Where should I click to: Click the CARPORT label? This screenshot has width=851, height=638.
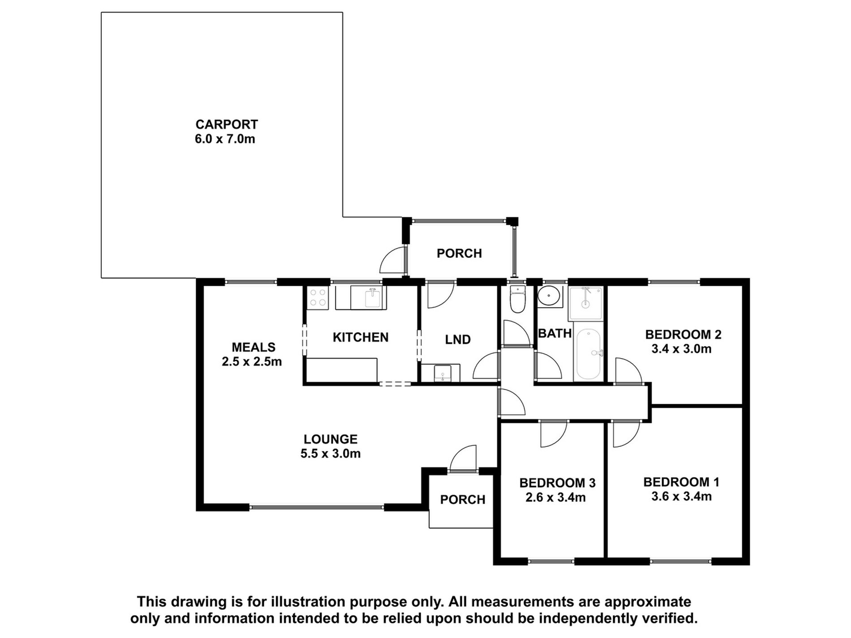[227, 124]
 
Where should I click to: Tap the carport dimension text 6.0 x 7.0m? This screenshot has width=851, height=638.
[225, 139]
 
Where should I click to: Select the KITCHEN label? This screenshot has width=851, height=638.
[361, 337]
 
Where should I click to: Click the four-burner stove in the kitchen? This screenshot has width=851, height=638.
[318, 297]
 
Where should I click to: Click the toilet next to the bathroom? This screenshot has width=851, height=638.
[517, 299]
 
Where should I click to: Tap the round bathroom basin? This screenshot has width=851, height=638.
[550, 296]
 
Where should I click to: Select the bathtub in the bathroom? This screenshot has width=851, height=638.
[589, 354]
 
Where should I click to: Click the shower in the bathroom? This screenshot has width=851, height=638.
[585, 304]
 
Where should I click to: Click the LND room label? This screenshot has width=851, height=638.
[458, 339]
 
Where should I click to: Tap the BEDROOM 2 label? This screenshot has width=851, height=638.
[683, 334]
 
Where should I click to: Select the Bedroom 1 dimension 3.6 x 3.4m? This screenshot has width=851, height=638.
[681, 496]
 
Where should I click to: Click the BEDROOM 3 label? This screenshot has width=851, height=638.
[557, 483]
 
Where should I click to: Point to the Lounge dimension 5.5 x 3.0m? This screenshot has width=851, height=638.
[331, 454]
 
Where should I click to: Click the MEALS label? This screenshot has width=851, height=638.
[254, 347]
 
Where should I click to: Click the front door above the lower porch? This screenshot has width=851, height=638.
[463, 458]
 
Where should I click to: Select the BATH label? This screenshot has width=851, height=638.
[555, 333]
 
